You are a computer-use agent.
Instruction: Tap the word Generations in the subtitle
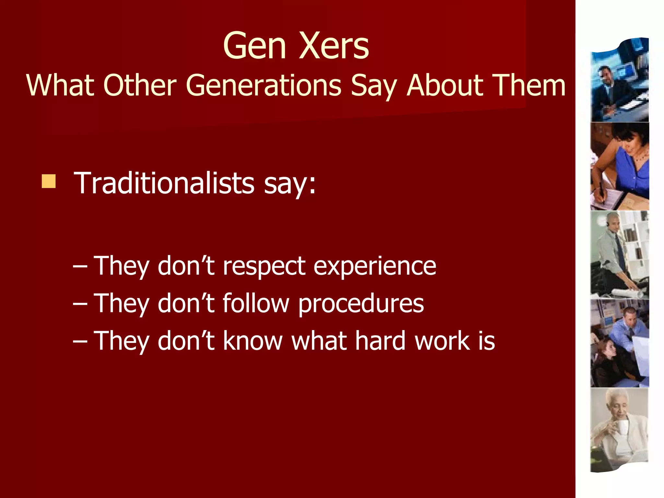pyautogui.click(x=263, y=85)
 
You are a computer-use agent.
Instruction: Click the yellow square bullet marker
pyautogui.click(x=49, y=181)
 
